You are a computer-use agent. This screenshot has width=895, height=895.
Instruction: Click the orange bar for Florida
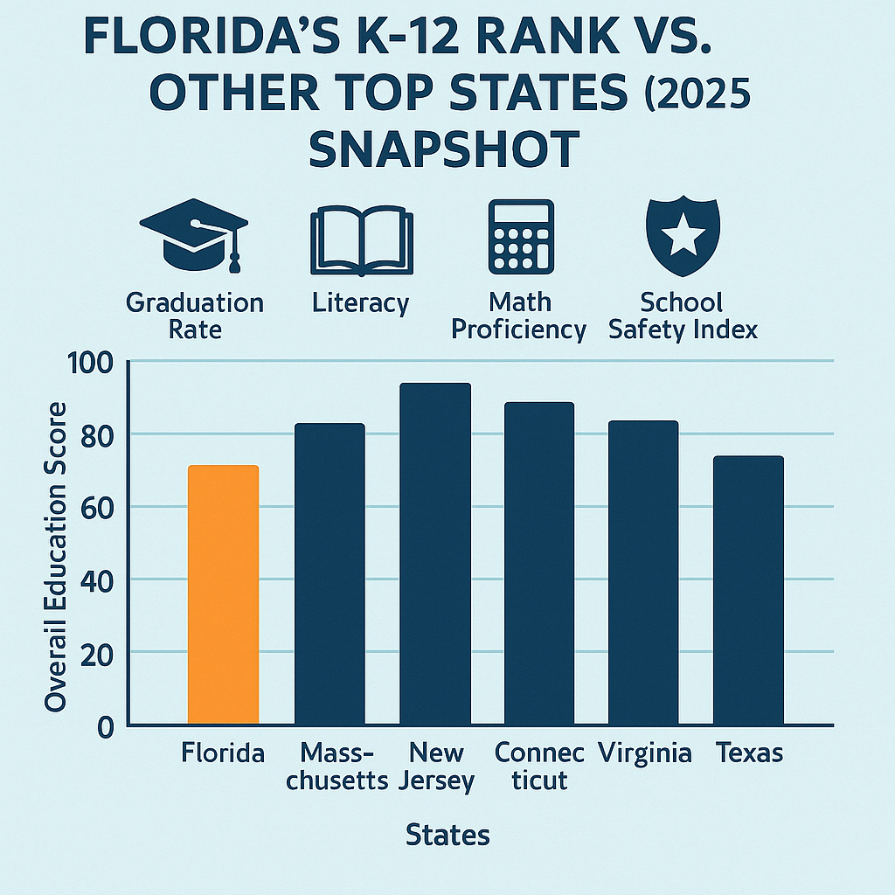point(223,594)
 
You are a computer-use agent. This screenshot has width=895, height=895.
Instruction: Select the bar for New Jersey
point(434,554)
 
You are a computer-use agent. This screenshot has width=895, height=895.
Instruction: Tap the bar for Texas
point(748,590)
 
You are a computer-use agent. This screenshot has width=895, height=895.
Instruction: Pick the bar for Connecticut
point(539,564)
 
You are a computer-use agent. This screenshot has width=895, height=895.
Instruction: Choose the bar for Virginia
point(643,572)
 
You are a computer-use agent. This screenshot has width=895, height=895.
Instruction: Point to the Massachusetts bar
point(330,573)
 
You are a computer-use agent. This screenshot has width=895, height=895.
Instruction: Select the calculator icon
point(521,237)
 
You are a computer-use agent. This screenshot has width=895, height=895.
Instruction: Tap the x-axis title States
point(447,835)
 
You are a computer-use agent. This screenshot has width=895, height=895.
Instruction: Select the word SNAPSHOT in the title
point(443,149)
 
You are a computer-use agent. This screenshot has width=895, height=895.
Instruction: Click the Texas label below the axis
point(749,753)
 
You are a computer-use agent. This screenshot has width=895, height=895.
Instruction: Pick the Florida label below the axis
point(223,753)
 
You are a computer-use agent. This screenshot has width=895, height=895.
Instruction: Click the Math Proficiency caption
point(520,316)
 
